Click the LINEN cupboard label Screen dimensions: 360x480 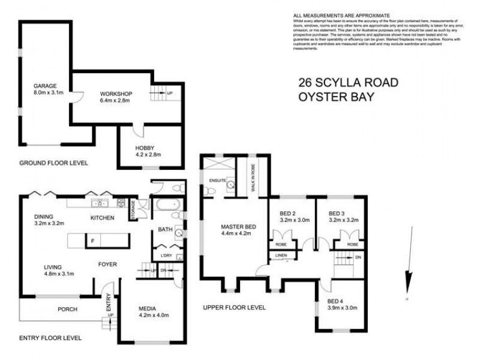(x=281, y=256)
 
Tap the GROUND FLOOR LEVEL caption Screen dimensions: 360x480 (x=53, y=163)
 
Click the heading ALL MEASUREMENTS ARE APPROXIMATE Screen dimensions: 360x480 (x=341, y=14)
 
